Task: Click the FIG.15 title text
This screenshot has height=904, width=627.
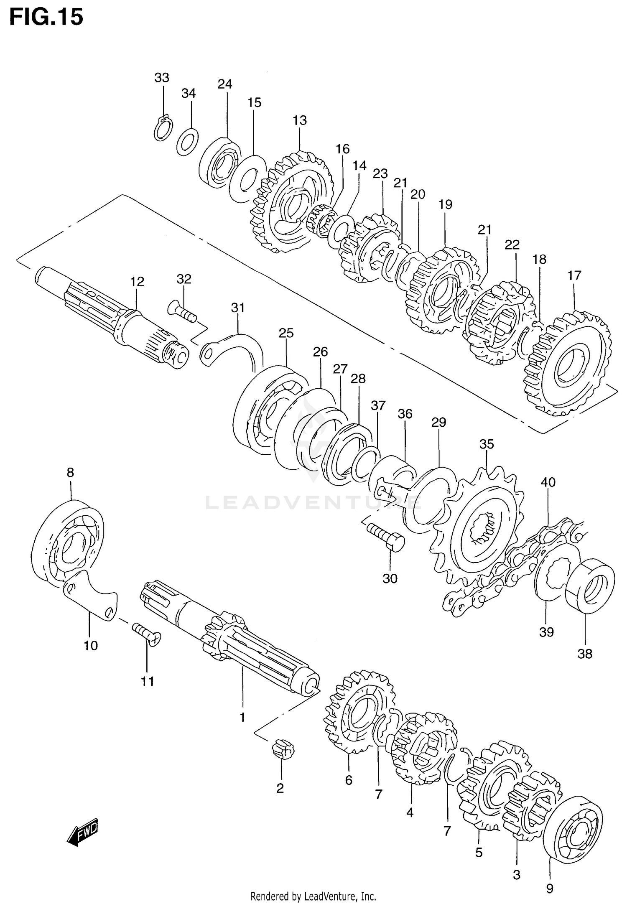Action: tap(46, 18)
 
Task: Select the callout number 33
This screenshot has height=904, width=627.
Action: tap(162, 78)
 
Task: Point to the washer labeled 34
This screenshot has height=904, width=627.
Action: tap(188, 142)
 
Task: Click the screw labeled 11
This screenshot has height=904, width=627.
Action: tap(147, 635)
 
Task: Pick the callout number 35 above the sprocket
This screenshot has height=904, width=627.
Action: tap(487, 444)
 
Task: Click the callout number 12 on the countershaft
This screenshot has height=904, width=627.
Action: tap(137, 282)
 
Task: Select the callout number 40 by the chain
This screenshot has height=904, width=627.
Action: tap(548, 482)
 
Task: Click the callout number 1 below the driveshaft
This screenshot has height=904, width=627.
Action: tap(242, 718)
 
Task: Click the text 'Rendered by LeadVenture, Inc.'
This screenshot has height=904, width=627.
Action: tap(313, 896)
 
